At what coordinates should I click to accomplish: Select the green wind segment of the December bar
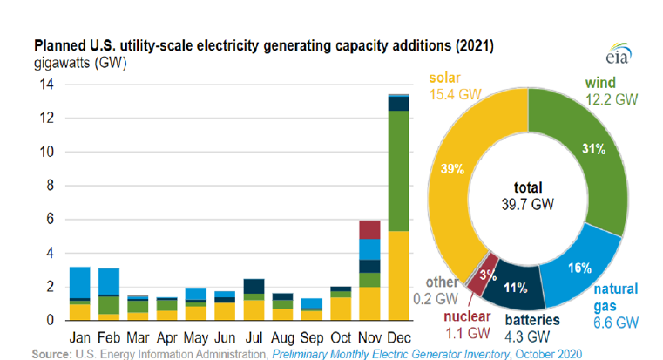click(x=400, y=171)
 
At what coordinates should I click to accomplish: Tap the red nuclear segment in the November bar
click(x=369, y=229)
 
